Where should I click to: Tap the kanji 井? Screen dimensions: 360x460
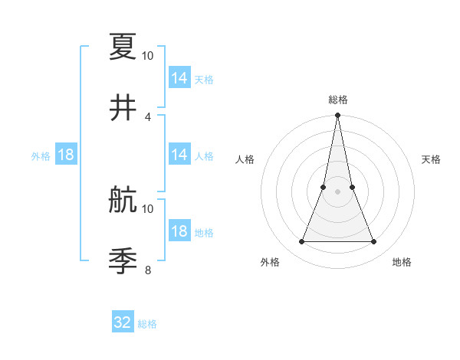tap(123, 107)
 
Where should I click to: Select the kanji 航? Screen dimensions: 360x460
tap(123, 199)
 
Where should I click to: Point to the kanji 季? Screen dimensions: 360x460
tap(123, 260)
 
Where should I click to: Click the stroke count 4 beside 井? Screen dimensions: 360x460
tap(148, 116)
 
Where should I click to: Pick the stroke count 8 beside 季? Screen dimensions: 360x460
tap(148, 270)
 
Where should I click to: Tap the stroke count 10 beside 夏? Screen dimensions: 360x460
tap(148, 55)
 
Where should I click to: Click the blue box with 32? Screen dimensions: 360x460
tap(123, 322)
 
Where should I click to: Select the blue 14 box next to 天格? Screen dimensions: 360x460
tap(179, 78)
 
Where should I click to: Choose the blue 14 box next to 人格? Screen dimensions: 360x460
tap(179, 155)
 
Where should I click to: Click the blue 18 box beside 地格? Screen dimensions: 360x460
tap(179, 231)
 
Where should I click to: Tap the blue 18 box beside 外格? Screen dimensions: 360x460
tap(66, 155)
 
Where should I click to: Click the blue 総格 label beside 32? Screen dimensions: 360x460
tap(147, 324)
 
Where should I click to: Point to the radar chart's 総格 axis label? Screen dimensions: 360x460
tap(337, 100)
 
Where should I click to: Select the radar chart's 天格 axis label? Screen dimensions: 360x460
tap(431, 159)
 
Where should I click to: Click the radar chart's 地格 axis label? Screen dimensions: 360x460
tap(402, 262)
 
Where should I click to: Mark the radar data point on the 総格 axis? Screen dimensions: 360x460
tap(337, 116)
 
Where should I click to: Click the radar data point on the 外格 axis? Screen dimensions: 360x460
tap(301, 242)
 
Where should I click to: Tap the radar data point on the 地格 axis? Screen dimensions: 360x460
tap(374, 242)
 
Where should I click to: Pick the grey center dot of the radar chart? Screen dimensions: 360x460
tap(337, 191)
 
